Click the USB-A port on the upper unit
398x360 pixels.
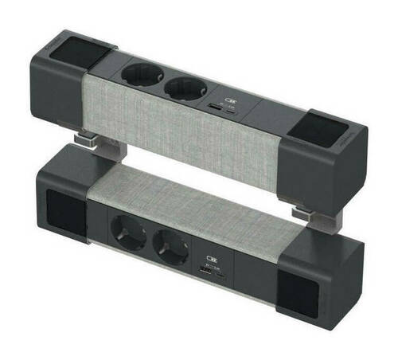tap(216, 105)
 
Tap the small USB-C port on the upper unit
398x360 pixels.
tap(232, 108)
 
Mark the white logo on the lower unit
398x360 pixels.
tap(213, 257)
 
